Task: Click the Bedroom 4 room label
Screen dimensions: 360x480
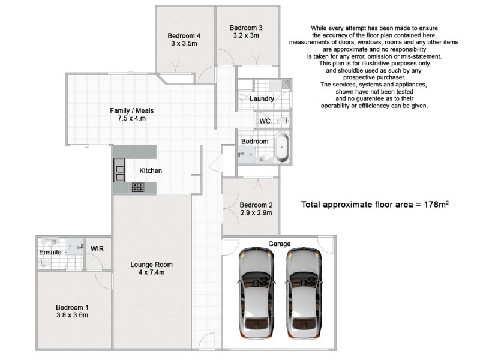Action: [185, 36]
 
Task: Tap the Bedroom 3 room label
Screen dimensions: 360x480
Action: [246, 28]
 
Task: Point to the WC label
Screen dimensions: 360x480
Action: [265, 121]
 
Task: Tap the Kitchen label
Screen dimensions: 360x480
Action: [151, 171]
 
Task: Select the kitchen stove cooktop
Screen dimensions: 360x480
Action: [139, 187]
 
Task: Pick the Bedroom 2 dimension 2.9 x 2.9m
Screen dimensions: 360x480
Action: [257, 212]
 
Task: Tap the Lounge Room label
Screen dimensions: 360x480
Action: [152, 265]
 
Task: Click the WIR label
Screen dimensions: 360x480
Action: [97, 248]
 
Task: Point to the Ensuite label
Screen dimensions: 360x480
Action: [50, 253]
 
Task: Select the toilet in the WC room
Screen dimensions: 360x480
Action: [286, 121]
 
